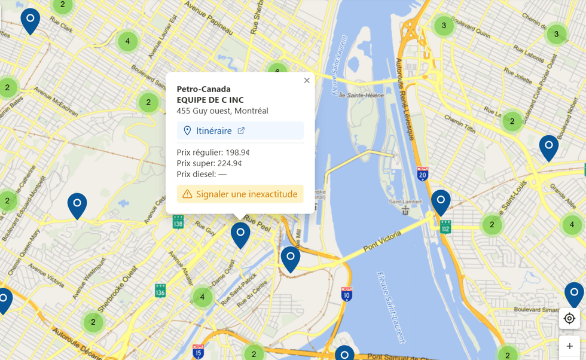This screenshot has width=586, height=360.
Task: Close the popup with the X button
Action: [x=307, y=81]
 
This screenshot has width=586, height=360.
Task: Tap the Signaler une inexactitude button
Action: [x=240, y=194]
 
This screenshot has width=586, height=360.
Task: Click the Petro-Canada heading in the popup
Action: [x=203, y=89]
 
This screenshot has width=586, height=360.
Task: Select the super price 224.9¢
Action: [x=209, y=163]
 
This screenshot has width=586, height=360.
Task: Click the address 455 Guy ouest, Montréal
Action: [x=222, y=111]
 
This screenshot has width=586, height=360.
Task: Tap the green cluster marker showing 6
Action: [x=277, y=70]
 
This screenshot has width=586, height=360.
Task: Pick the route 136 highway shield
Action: [x=160, y=291]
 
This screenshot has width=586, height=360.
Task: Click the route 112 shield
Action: [x=445, y=227]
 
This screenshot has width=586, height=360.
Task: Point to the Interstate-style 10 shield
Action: [x=347, y=294]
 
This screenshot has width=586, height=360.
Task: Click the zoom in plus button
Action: [x=569, y=346]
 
